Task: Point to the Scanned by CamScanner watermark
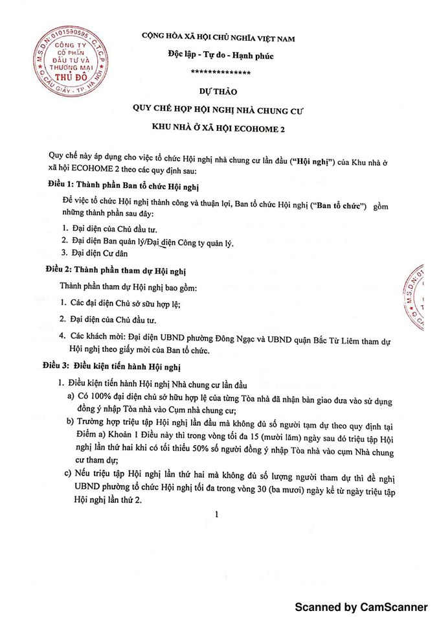click(361, 607)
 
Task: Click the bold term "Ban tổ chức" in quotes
click(336, 206)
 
